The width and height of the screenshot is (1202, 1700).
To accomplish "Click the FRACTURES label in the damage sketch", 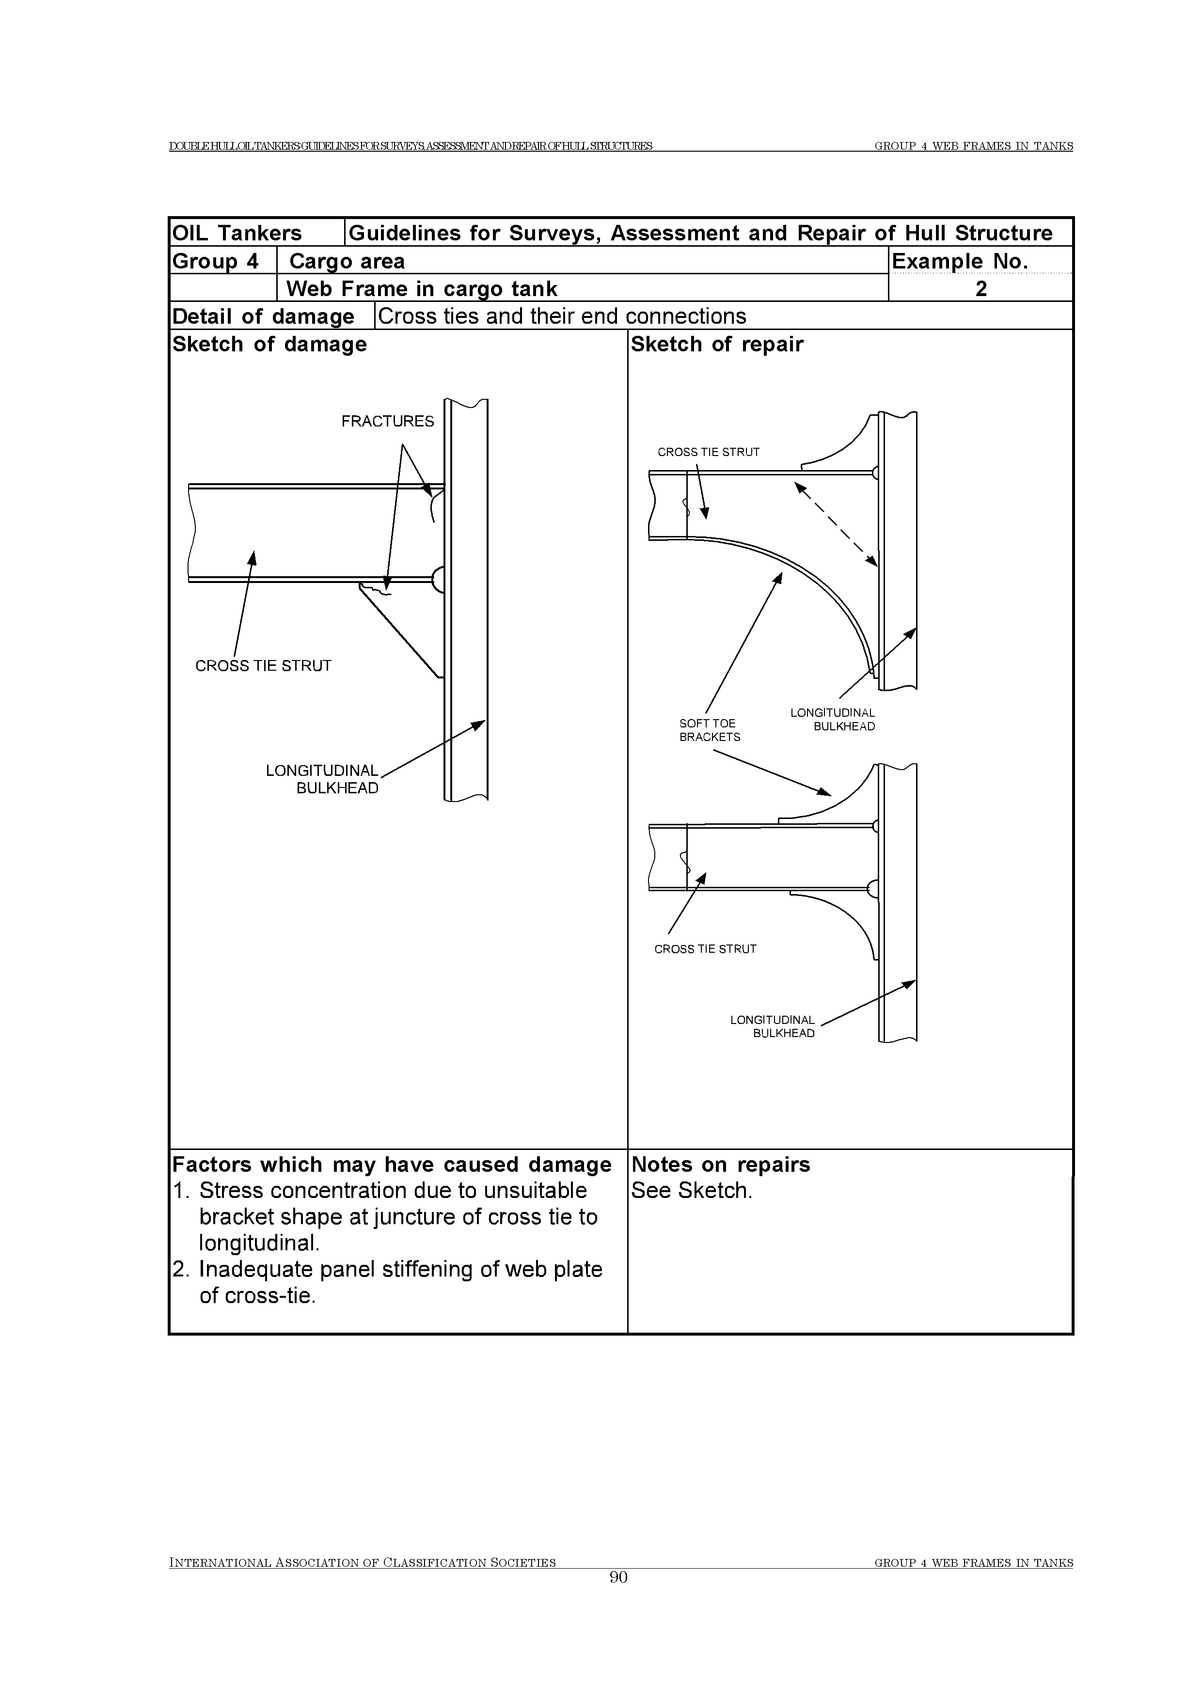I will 387,421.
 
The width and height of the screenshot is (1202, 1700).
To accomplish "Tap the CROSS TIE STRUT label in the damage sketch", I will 263,666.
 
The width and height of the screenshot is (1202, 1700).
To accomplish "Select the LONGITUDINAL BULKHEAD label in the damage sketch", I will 323,779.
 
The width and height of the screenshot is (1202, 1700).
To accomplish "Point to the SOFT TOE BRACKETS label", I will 709,730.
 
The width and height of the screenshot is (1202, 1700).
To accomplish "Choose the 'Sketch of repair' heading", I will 716,344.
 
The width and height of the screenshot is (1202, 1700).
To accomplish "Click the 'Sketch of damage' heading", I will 269,344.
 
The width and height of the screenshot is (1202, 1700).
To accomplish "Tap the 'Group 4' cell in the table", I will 216,261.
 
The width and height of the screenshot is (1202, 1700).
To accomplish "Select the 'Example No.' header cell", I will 960,261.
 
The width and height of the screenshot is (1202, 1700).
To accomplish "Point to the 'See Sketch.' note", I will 691,1191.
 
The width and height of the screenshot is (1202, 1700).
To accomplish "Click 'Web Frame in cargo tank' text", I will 421,289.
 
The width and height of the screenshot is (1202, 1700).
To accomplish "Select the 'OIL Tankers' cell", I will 237,233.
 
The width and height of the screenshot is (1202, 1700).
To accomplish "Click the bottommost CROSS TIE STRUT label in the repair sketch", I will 705,949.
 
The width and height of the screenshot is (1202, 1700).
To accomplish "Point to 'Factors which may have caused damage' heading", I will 392,1165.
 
